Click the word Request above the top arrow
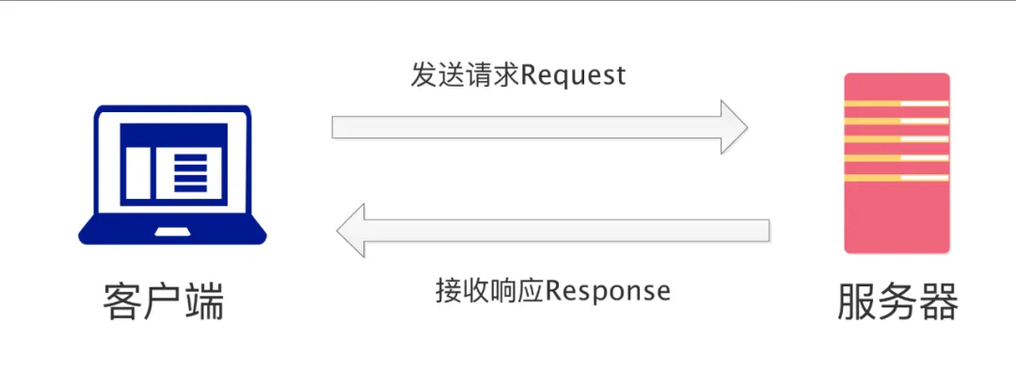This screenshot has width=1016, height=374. pyautogui.click(x=574, y=76)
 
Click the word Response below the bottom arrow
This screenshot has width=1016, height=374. pyautogui.click(x=608, y=290)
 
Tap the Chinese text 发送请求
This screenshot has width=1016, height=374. pyautogui.click(x=466, y=76)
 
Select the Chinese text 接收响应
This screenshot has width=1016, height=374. pyautogui.click(x=490, y=290)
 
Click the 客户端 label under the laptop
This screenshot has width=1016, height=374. pyautogui.click(x=164, y=302)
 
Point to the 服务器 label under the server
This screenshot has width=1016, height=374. pyautogui.click(x=897, y=301)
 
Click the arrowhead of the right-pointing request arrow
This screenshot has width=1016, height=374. pyautogui.click(x=735, y=127)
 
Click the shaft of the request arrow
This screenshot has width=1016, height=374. pyautogui.click(x=527, y=127)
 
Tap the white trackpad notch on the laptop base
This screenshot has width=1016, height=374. pyautogui.click(x=172, y=232)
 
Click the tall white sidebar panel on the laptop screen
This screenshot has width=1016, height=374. pyautogui.click(x=138, y=172)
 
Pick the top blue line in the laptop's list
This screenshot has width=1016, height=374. pyautogui.click(x=190, y=157)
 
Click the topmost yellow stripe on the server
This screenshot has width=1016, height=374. pyautogui.click(x=897, y=104)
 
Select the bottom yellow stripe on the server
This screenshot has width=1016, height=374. pyautogui.click(x=897, y=177)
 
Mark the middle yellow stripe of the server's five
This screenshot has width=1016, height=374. pyautogui.click(x=897, y=139)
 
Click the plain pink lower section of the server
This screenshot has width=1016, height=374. pyautogui.click(x=897, y=218)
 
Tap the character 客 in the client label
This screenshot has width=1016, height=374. pyautogui.click(x=122, y=302)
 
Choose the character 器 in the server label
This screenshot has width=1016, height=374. pyautogui.click(x=939, y=301)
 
